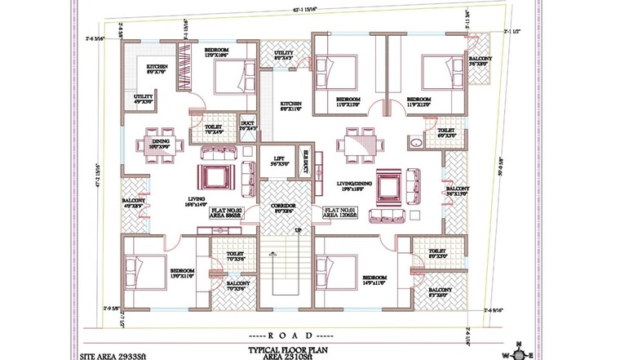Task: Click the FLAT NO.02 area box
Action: pos(228,214)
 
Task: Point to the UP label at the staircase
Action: pos(299,231)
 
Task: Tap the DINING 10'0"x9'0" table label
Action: pos(162,144)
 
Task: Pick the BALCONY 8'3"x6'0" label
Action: pos(441,293)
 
